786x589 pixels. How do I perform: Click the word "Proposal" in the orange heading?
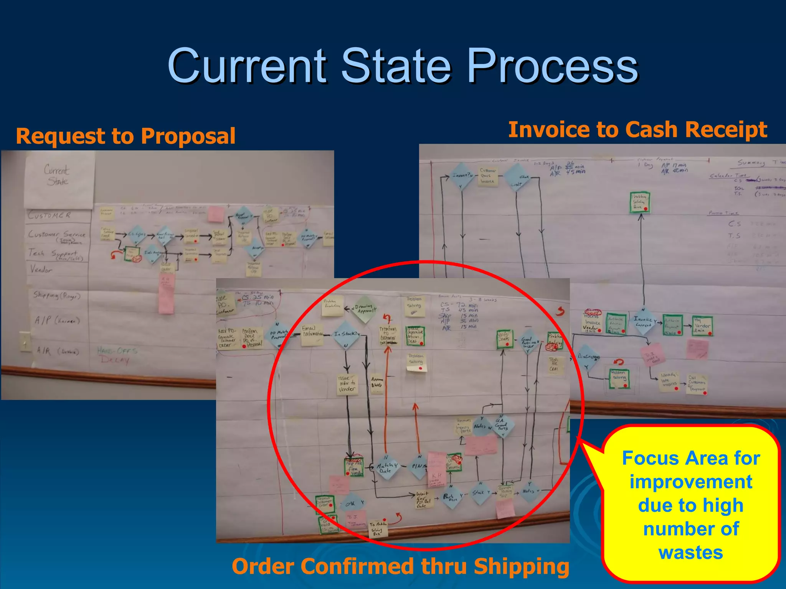point(188,136)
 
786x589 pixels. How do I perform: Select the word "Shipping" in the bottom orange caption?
point(522,567)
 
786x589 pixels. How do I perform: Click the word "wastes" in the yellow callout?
point(691,553)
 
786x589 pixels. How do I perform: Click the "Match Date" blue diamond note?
point(386,467)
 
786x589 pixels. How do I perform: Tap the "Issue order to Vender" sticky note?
point(347,385)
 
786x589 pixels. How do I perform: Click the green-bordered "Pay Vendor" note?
point(702,326)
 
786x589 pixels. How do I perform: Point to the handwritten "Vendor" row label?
point(41,270)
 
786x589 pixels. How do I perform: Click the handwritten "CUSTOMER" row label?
point(49,215)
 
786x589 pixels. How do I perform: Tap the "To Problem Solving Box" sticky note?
point(378,528)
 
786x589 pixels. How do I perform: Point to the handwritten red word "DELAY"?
point(114,360)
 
